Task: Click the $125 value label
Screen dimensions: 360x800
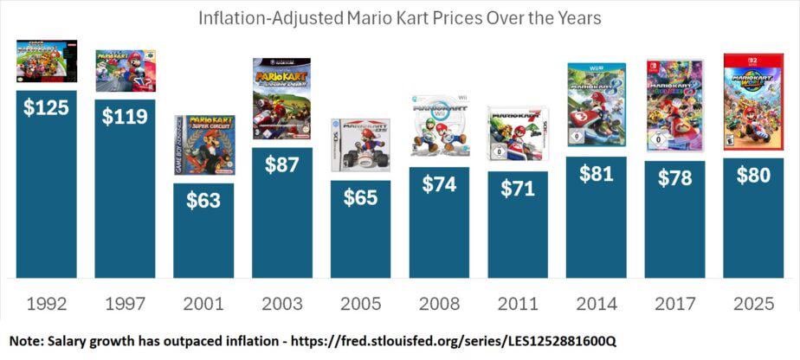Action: coord(47,107)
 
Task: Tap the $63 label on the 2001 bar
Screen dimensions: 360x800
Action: coord(203,200)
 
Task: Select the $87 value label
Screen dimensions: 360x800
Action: coord(282,164)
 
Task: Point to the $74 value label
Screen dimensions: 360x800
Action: coord(439,184)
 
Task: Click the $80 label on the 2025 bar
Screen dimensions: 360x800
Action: coord(753,175)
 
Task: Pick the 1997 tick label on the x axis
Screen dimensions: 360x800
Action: coord(126,305)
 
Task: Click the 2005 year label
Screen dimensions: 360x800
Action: coord(360,305)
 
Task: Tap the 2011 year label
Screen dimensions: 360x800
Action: coord(518,305)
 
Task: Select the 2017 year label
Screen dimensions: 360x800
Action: coord(674,305)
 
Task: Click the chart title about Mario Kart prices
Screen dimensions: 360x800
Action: coord(400,17)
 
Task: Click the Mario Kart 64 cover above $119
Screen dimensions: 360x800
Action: coord(126,70)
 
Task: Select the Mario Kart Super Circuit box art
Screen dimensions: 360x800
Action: coord(203,145)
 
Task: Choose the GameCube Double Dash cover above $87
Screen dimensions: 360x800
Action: coord(281,99)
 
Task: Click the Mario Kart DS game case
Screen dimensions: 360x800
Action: coord(360,145)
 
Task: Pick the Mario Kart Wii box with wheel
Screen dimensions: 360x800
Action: coord(439,126)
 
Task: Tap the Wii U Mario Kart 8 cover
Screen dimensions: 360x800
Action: coord(597,105)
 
